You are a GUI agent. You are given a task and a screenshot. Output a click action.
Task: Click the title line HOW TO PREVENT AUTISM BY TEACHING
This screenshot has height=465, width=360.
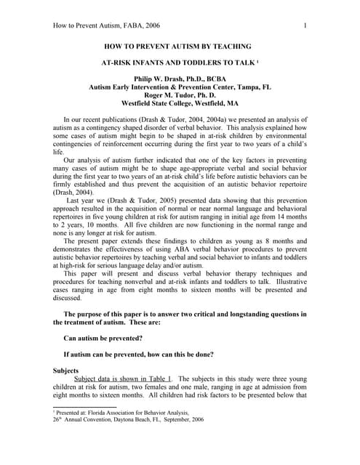tap(179, 45)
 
